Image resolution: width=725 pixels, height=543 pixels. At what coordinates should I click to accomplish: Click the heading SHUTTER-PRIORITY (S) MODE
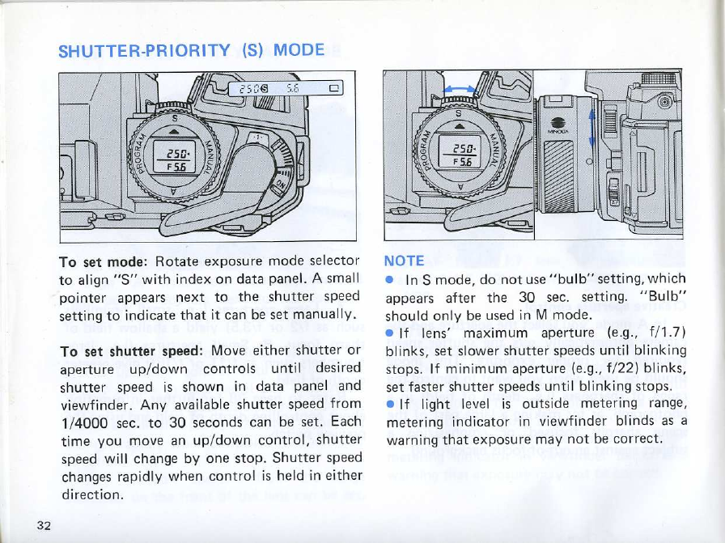coord(192,50)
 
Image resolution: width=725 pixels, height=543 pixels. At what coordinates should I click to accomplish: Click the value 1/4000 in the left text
coord(83,422)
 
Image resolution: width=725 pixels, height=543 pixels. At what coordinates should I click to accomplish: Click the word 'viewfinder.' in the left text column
coord(94,404)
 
